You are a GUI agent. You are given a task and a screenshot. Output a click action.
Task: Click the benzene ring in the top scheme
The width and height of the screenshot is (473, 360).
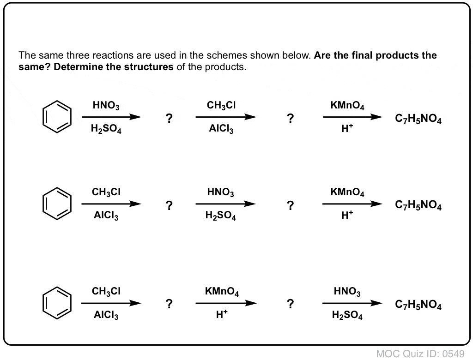pyautogui.click(x=43, y=117)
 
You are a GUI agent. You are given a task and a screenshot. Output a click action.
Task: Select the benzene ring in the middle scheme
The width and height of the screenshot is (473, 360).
pyautogui.click(x=43, y=204)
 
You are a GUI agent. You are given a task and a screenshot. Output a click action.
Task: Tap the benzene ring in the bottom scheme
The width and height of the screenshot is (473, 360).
pyautogui.click(x=43, y=303)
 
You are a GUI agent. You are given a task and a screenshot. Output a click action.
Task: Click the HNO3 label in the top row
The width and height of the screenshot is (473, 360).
pyautogui.click(x=106, y=106)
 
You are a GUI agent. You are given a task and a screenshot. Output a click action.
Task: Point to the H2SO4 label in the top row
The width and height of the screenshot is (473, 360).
pyautogui.click(x=106, y=129)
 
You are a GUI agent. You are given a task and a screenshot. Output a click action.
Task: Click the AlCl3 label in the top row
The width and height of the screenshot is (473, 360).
pyautogui.click(x=221, y=129)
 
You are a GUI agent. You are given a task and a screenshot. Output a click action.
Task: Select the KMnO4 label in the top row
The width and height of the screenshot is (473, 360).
pyautogui.click(x=347, y=106)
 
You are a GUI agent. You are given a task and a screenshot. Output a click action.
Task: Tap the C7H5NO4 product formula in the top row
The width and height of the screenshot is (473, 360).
pyautogui.click(x=418, y=119)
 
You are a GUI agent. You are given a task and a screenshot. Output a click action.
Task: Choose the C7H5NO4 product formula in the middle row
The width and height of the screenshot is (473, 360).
pyautogui.click(x=418, y=205)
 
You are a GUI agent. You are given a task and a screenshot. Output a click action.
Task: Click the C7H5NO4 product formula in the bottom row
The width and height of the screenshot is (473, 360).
pyautogui.click(x=418, y=305)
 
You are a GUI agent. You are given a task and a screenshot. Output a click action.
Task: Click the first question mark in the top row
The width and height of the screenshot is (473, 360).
pyautogui.click(x=169, y=118)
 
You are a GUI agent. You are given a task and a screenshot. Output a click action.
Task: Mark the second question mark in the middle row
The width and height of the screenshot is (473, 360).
pyautogui.click(x=290, y=205)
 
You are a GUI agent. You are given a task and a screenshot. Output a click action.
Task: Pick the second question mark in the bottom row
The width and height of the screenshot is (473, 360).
pyautogui.click(x=290, y=304)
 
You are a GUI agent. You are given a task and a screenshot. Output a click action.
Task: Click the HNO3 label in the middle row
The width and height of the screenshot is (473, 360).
pyautogui.click(x=220, y=192)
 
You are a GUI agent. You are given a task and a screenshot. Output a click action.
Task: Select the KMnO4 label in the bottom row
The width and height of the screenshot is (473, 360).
pyautogui.click(x=222, y=292)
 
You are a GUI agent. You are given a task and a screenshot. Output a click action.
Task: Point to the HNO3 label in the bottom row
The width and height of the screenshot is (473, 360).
pyautogui.click(x=347, y=292)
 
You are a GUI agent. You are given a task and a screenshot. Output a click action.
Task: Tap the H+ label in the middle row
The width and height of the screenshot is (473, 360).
pyautogui.click(x=347, y=215)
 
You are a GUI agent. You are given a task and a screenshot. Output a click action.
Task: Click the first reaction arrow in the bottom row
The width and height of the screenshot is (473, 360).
pyautogui.click(x=111, y=303)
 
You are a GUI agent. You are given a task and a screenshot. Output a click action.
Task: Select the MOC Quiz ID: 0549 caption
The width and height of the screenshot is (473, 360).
pyautogui.click(x=420, y=354)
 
